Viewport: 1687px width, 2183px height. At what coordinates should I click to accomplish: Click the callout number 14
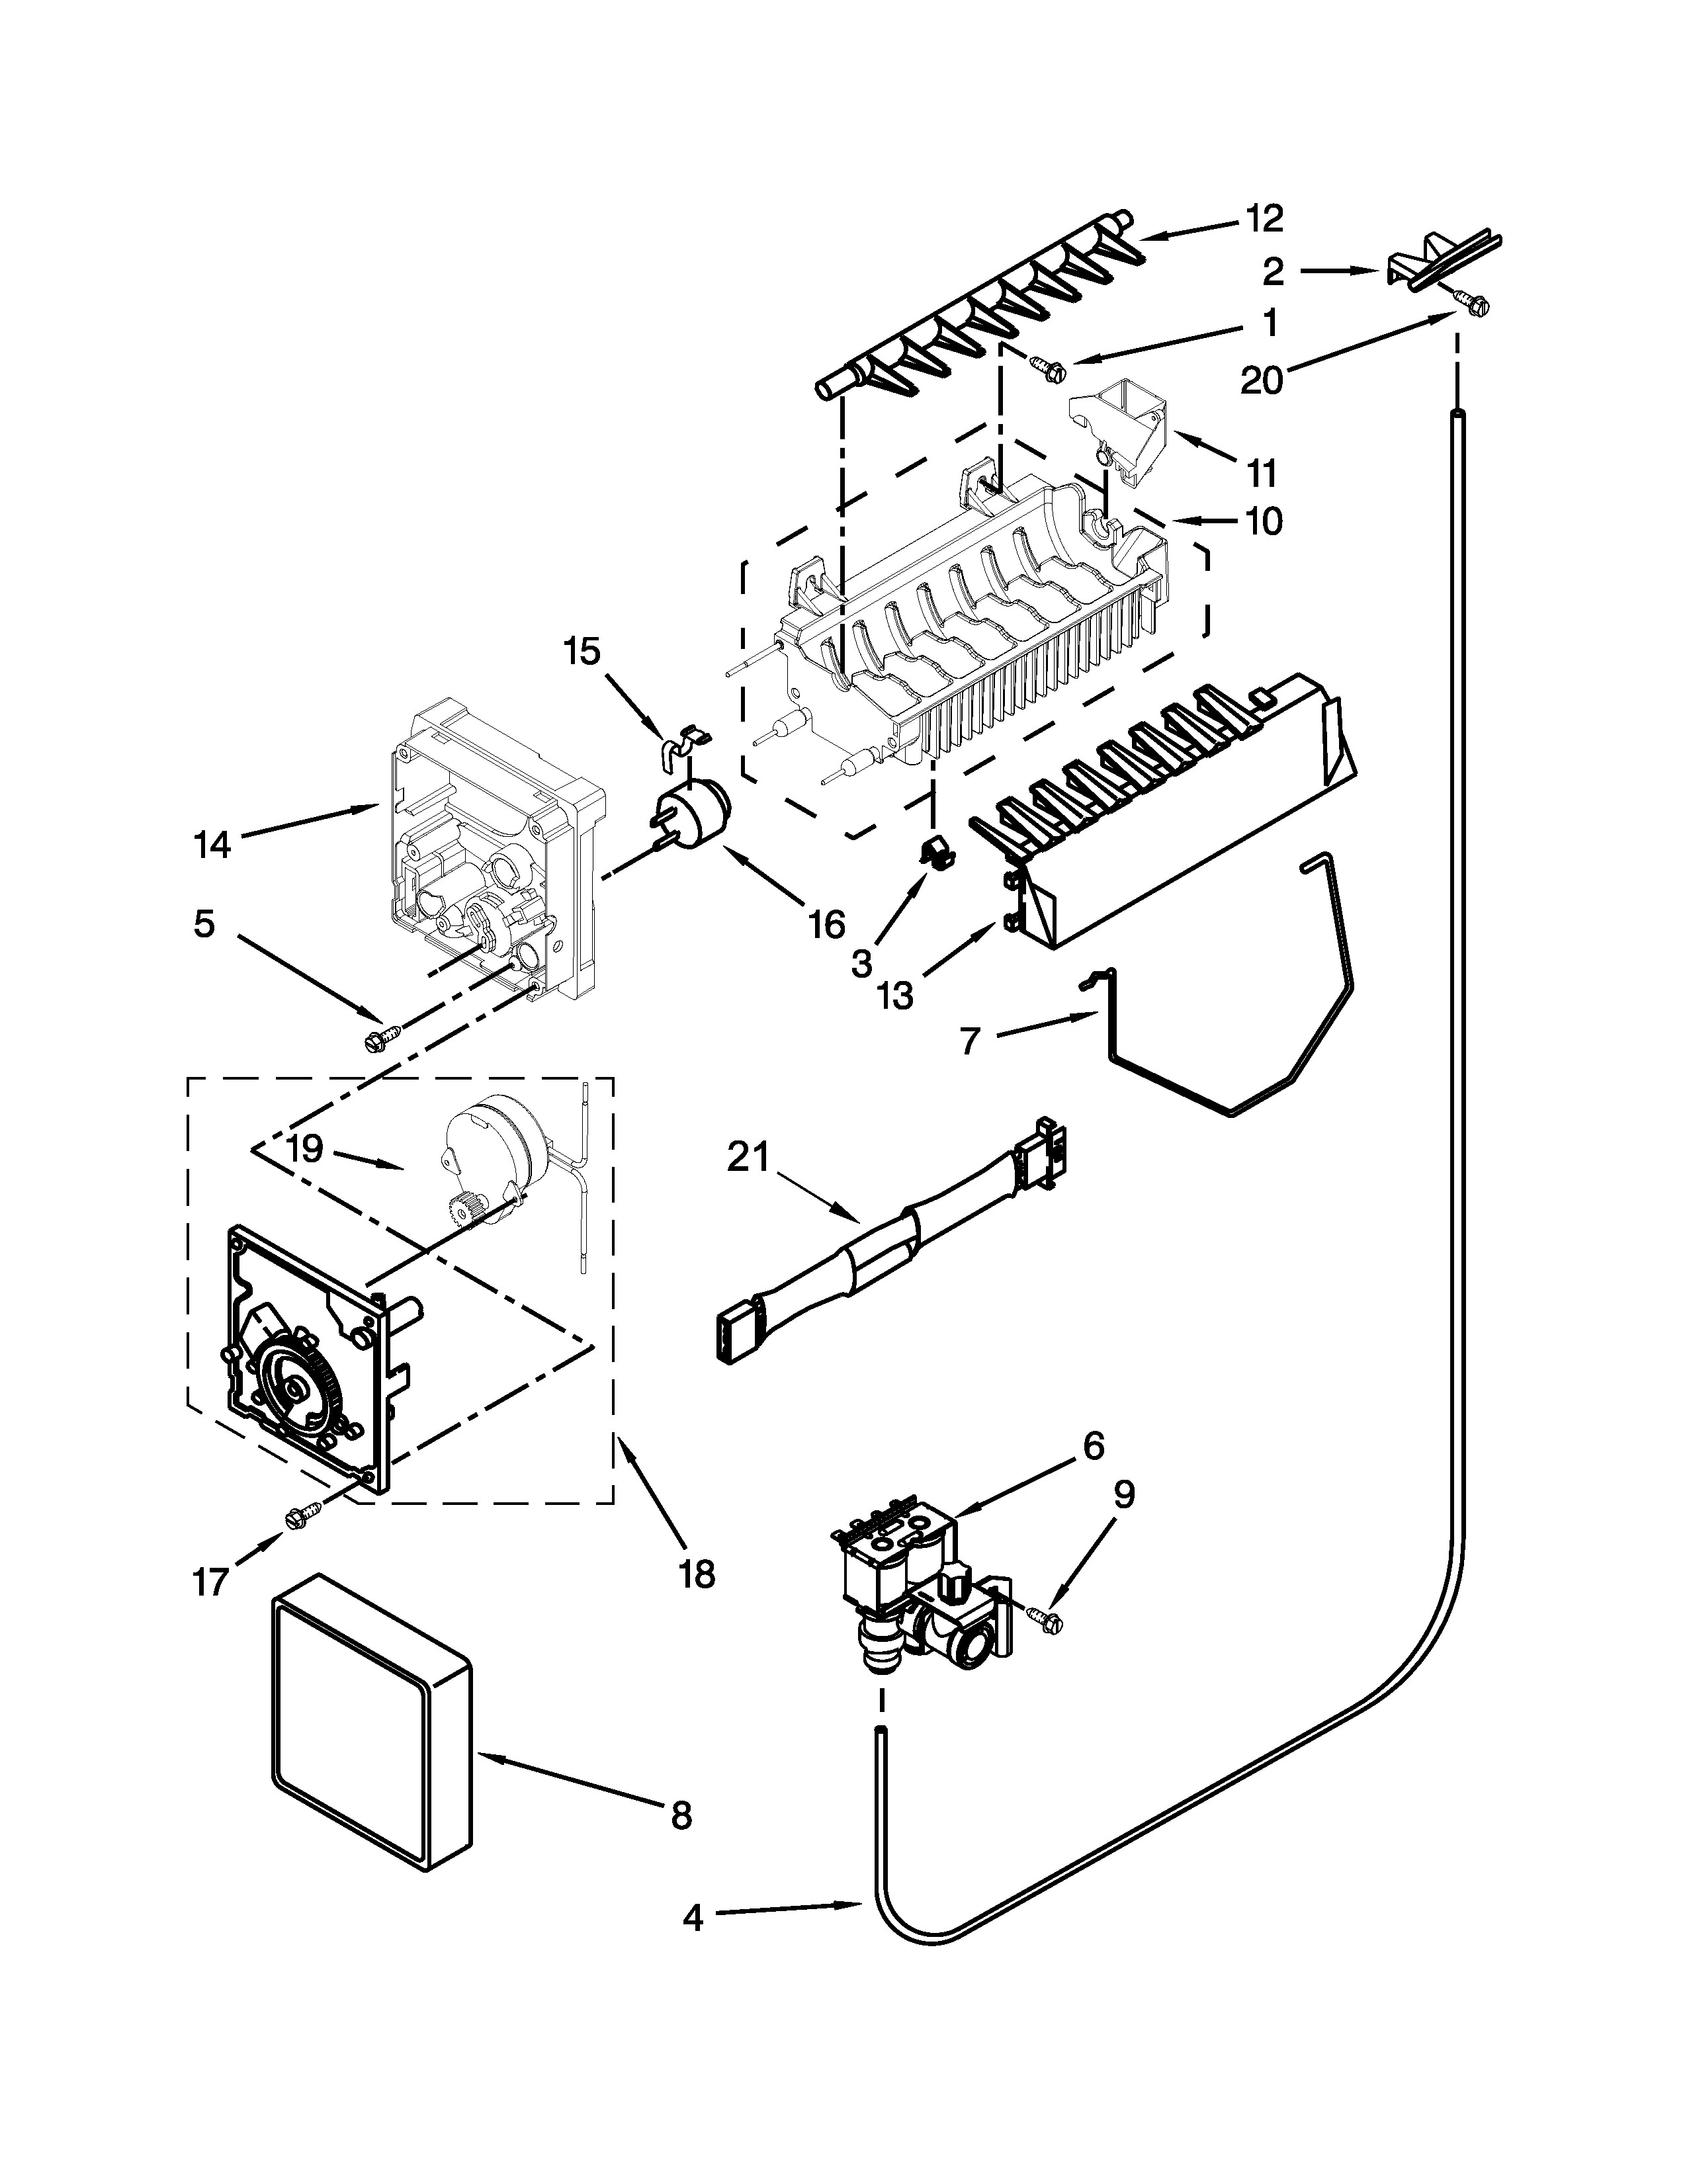click(212, 845)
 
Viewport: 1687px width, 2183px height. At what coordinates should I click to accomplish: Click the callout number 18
click(697, 1574)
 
